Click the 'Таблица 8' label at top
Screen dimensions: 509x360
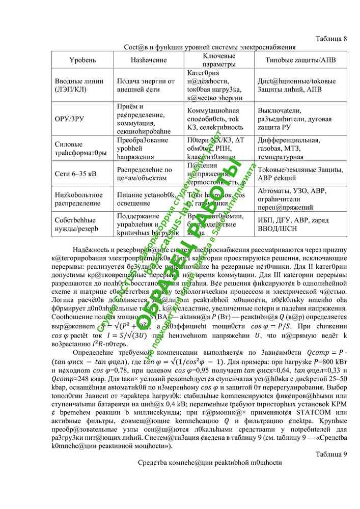[331, 39]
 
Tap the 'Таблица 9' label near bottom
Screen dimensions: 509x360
[331, 454]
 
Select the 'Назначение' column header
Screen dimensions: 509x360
[148, 60]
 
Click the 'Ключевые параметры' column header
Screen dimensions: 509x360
[219, 60]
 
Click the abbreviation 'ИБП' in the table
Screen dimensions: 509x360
[266, 220]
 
